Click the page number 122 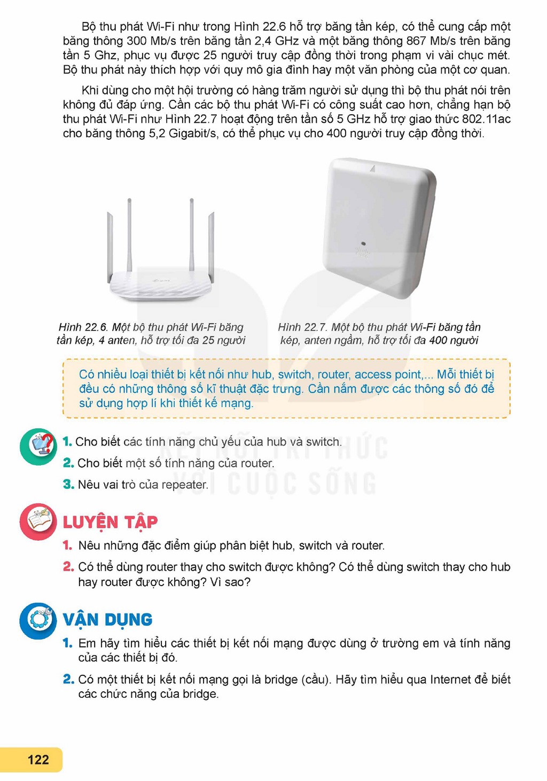[x=38, y=759]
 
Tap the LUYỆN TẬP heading [x=110, y=523]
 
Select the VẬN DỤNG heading [x=108, y=619]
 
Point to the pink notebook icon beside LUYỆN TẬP [x=38, y=522]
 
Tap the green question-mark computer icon [x=38, y=446]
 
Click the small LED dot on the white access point [x=363, y=244]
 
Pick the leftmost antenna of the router [x=110, y=246]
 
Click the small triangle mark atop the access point [x=373, y=169]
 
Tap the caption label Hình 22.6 [x=84, y=327]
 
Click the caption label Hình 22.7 [x=303, y=327]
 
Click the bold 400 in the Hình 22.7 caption [x=438, y=340]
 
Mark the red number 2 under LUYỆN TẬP [x=68, y=566]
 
